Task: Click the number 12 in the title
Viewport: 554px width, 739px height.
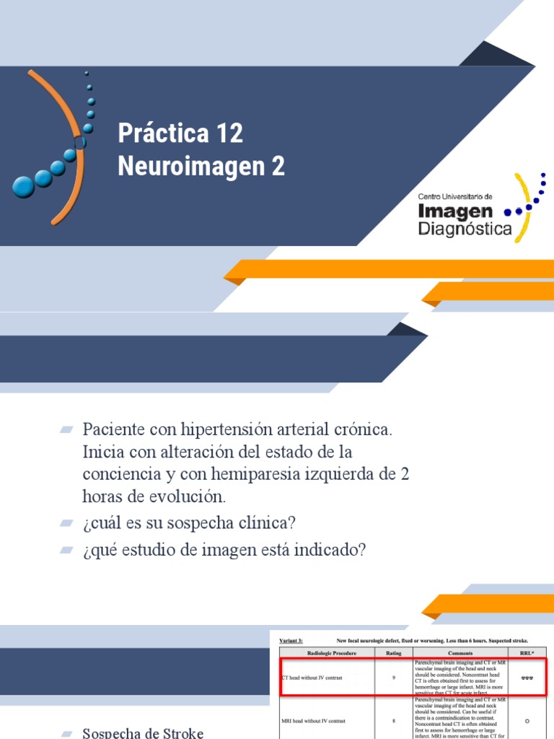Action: [229, 134]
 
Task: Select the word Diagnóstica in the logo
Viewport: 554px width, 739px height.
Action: [465, 229]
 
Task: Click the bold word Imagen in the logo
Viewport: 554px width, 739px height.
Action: [456, 211]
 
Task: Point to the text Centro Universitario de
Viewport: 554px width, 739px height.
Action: [455, 196]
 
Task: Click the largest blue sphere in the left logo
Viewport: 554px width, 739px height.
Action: [24, 186]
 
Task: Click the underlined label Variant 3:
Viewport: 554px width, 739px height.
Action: [291, 640]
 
